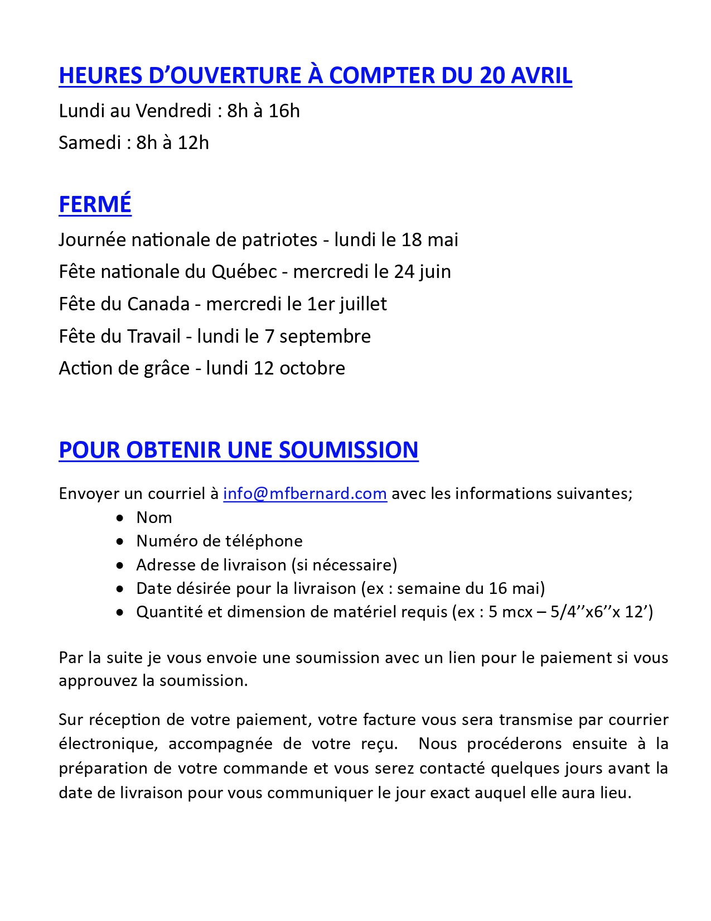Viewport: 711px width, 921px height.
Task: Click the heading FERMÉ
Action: point(95,204)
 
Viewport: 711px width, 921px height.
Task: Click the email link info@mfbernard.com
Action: point(304,493)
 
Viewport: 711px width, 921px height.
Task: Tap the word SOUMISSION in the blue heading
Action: point(349,450)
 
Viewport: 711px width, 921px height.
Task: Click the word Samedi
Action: point(90,143)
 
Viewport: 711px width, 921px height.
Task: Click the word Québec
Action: point(244,272)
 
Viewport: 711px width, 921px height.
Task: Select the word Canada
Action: point(158,304)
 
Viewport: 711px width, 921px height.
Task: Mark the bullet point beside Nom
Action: point(120,518)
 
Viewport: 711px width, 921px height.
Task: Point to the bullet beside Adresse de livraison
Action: point(120,565)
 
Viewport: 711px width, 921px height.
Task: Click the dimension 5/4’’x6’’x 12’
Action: point(601,612)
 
